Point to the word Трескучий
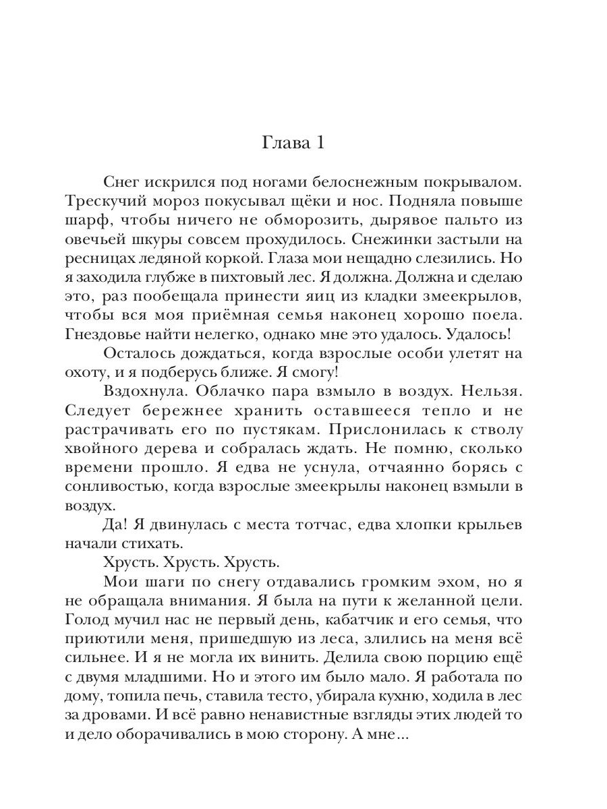tap(106, 202)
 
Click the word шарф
tap(86, 221)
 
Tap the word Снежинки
tap(395, 240)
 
